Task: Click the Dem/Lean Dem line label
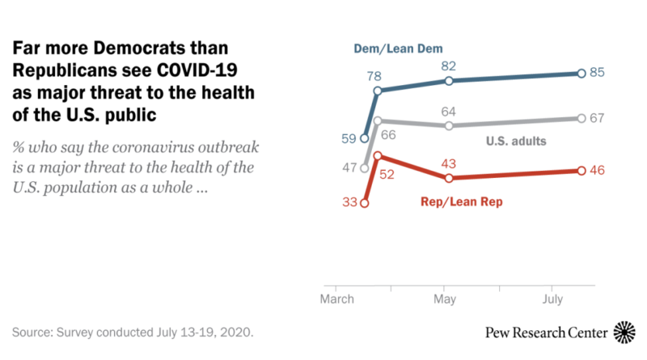tap(398, 49)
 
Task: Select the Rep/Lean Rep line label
tap(463, 201)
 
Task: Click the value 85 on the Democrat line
tap(599, 73)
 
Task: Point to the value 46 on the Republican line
tap(599, 171)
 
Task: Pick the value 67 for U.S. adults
tap(599, 118)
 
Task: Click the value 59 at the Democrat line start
tap(349, 138)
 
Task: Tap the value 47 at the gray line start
tap(349, 168)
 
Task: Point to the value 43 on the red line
tap(448, 162)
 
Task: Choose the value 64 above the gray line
tap(448, 110)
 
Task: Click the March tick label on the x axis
tap(336, 299)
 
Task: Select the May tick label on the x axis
tap(445, 299)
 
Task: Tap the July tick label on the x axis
tap(552, 299)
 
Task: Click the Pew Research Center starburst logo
tap(625, 332)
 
